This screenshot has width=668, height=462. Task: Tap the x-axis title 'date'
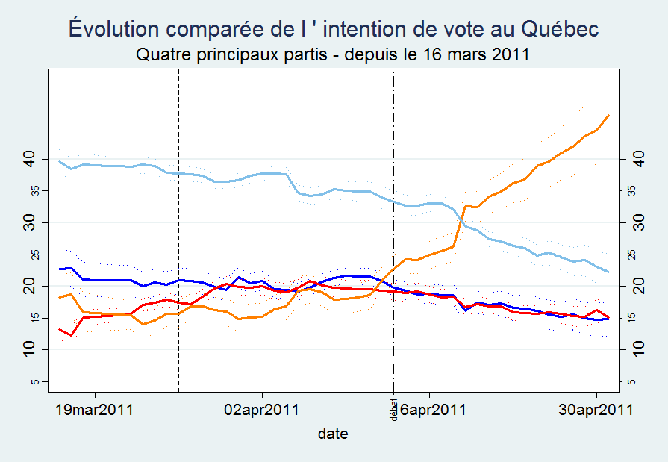(333, 433)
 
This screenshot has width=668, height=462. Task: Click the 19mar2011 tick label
(95, 409)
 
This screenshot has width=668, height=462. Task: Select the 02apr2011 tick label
(262, 409)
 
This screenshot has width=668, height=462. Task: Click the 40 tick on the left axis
(29, 159)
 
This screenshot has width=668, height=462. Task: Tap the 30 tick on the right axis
(639, 222)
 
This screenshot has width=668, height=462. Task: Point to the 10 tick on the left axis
(29, 349)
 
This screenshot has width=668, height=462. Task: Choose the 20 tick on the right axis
(639, 286)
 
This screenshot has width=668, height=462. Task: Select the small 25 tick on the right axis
(634, 255)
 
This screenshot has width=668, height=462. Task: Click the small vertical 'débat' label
(393, 409)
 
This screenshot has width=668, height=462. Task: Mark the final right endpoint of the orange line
(609, 116)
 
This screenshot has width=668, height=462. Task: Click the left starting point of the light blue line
(60, 161)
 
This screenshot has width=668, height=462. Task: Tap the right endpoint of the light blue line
(609, 272)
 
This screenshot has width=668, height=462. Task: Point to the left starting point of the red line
(60, 329)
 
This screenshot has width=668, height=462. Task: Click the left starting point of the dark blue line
(60, 269)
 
